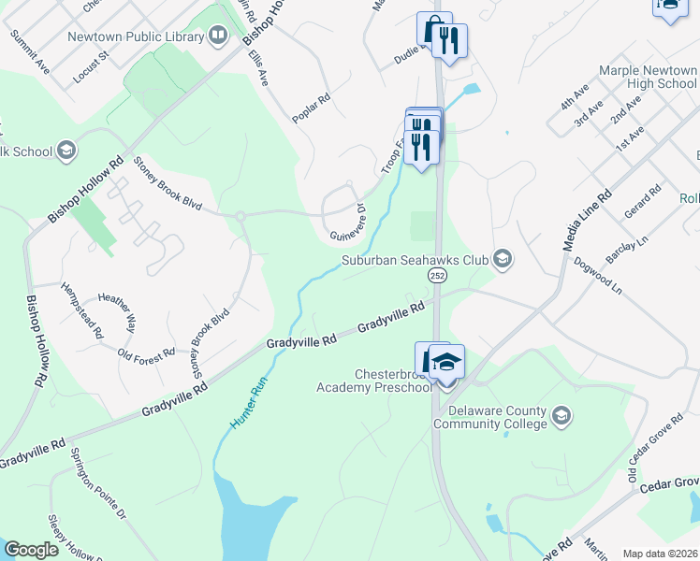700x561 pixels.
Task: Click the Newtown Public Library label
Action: pyautogui.click(x=136, y=37)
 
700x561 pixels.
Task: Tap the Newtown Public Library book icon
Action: pyautogui.click(x=219, y=37)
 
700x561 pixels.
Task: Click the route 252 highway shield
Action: pyautogui.click(x=437, y=276)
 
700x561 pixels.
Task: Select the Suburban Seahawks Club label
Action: pyautogui.click(x=416, y=259)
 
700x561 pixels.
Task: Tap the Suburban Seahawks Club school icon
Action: pyautogui.click(x=503, y=259)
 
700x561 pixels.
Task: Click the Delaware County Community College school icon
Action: pyautogui.click(x=561, y=415)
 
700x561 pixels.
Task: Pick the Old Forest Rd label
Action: pyautogui.click(x=147, y=353)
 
